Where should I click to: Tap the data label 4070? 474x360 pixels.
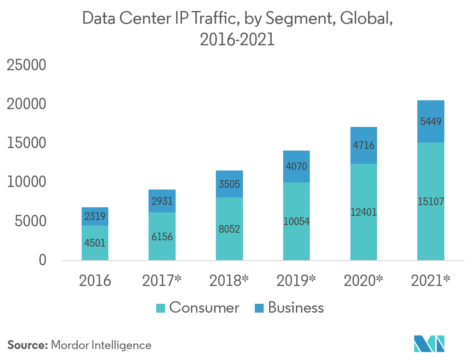pos(296,166)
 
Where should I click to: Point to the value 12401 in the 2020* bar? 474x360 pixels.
pos(364,212)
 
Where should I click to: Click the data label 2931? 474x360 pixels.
pos(162,201)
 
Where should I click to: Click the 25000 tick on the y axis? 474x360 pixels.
pos(26,65)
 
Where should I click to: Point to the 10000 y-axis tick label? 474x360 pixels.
pos(26,182)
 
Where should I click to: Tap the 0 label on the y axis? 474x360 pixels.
pos(43,260)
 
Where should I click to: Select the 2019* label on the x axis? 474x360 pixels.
pos(296,280)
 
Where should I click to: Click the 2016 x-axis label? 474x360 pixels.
pos(95,280)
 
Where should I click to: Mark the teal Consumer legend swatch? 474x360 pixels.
pos(160,308)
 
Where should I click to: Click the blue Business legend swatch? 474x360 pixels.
pos(259,308)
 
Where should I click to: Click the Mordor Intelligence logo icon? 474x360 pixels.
pos(430,344)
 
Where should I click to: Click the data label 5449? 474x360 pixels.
pos(431,122)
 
